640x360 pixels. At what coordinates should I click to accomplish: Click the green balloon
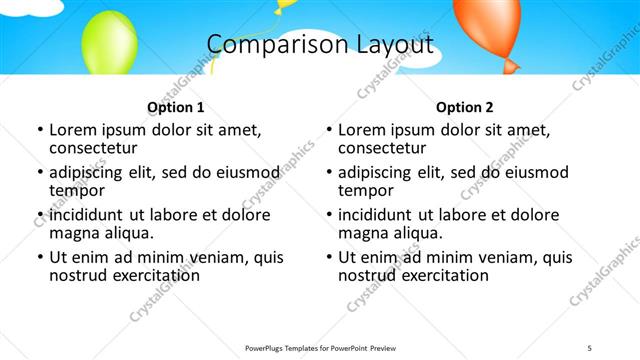pos(109,42)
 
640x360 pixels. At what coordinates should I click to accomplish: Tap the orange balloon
pos(486,27)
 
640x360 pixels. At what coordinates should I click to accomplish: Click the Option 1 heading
pos(176,107)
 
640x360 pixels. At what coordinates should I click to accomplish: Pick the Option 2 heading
pos(465,107)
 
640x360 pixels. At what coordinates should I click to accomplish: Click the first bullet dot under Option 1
pos(39,130)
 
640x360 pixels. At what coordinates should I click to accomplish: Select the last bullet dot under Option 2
pos(328,257)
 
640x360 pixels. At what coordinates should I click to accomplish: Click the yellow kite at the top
pos(285,5)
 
